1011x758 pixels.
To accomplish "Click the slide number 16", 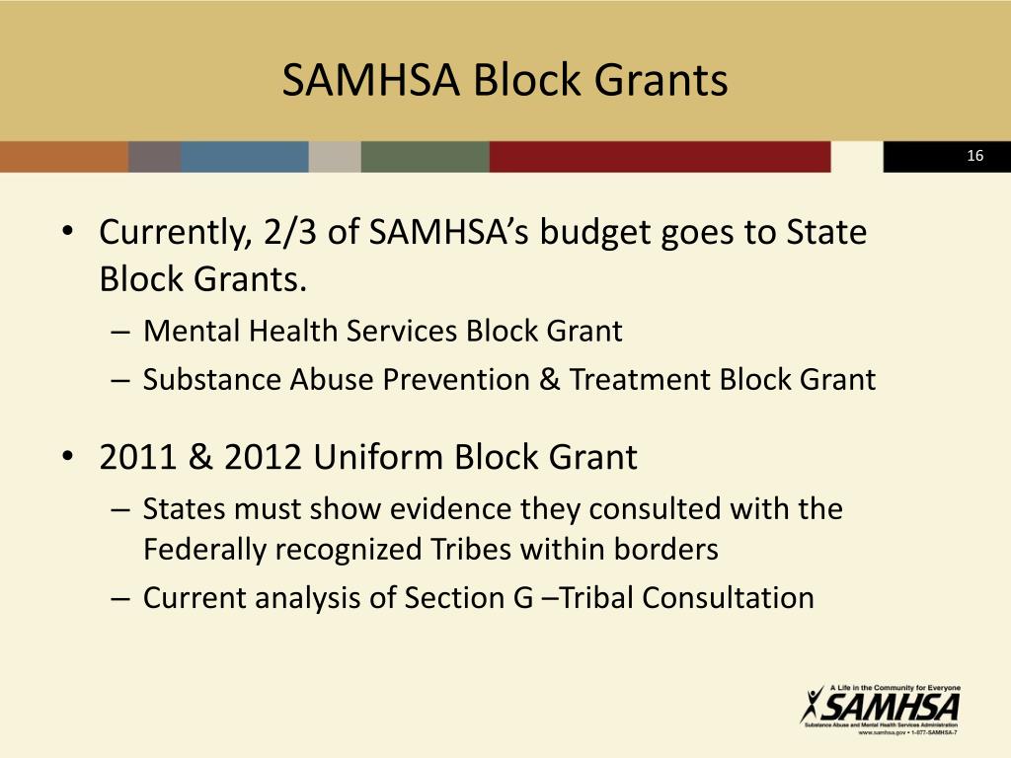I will coord(975,157).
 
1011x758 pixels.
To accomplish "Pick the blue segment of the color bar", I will coord(244,157).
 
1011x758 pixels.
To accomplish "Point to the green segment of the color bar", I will coord(425,157).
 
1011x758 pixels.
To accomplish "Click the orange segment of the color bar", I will coord(63,157).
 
